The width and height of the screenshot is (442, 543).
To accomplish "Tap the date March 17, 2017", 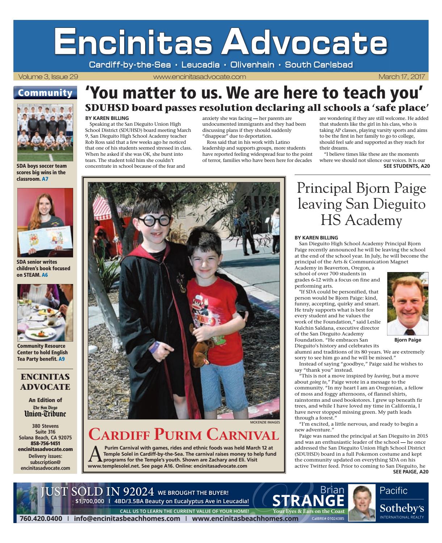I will [401, 77].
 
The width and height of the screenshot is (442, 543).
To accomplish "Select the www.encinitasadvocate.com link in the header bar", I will [199, 77].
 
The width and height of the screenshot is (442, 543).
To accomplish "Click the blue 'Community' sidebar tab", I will [45, 93].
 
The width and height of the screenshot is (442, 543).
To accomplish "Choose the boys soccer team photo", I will [45, 132].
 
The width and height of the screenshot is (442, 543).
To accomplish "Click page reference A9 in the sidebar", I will [62, 359].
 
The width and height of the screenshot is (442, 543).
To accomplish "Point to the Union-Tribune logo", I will [45, 412].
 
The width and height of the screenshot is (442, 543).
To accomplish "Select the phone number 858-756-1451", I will [45, 443].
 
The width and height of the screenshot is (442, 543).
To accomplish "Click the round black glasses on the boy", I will [151, 220].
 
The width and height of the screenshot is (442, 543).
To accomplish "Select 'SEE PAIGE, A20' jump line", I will [411, 472].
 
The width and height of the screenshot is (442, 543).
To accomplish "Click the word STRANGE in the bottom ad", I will [308, 501].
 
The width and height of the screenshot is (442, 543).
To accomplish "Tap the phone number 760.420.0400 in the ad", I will [41, 518].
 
